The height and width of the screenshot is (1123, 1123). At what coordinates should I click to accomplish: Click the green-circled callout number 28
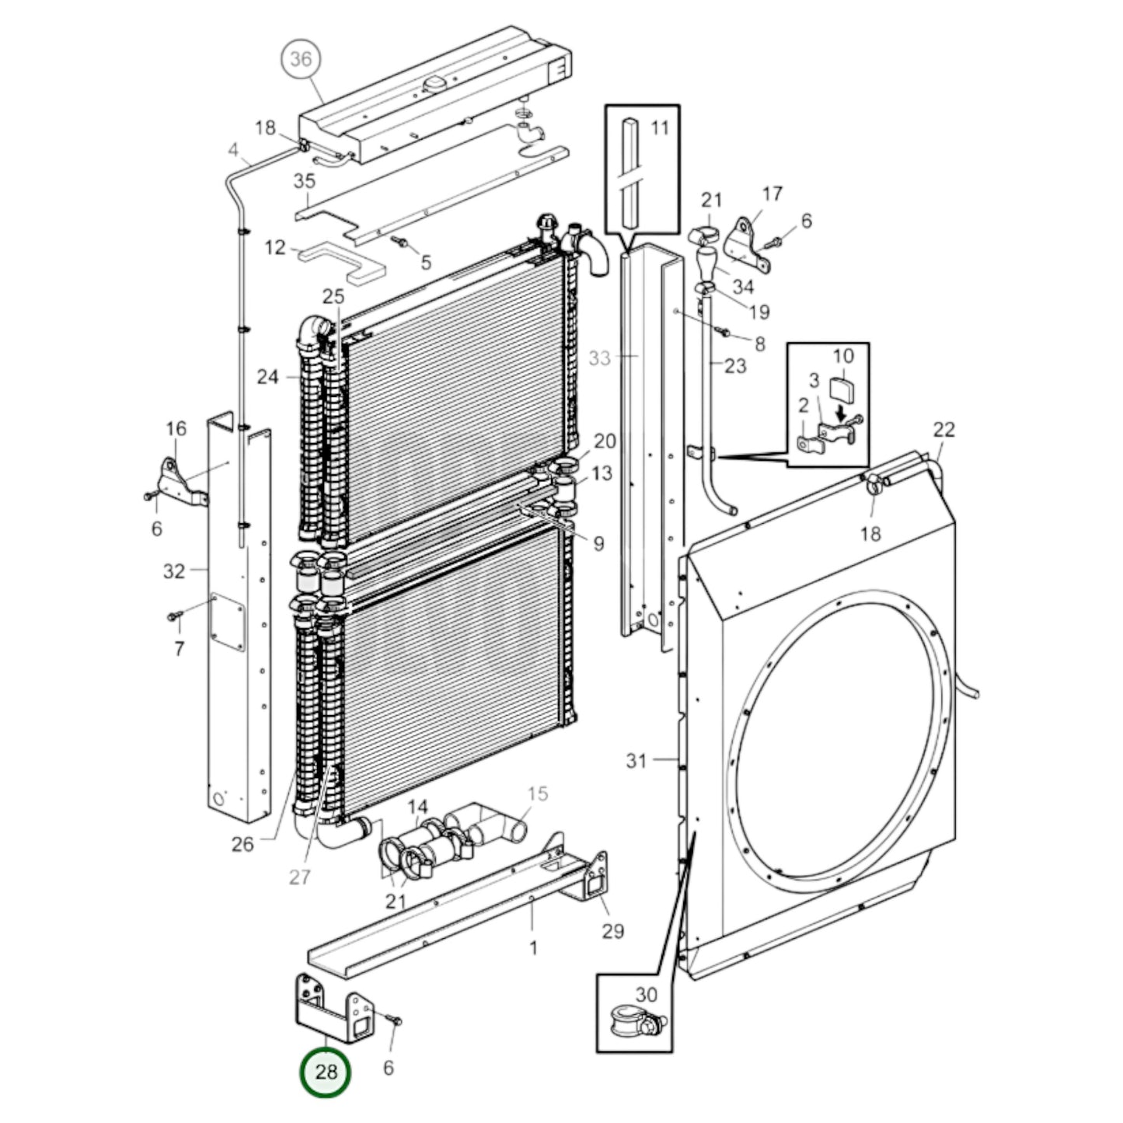(326, 1072)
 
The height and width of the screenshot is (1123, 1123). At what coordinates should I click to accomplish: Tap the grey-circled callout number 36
(300, 58)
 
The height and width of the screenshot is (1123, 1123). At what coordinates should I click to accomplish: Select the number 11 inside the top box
(659, 127)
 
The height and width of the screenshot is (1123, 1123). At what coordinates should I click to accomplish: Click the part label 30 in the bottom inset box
(646, 994)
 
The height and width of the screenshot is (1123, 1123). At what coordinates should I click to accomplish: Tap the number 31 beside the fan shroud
(636, 760)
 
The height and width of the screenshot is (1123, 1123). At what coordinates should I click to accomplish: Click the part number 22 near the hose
(943, 429)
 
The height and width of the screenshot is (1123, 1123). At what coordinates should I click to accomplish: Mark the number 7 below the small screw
(180, 648)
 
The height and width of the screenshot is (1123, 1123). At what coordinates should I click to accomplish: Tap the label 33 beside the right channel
(600, 358)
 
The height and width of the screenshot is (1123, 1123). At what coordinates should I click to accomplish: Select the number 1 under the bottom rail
(533, 947)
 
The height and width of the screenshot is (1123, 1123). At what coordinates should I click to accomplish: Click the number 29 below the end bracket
(613, 930)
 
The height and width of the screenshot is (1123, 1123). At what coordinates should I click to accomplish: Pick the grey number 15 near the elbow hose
(538, 793)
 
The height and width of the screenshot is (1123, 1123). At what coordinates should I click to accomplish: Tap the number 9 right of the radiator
(598, 543)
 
